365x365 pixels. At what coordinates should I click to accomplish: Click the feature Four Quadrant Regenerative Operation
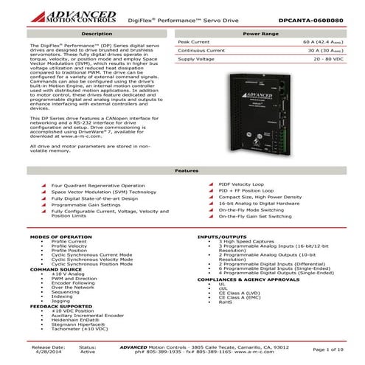(x=97, y=185)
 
